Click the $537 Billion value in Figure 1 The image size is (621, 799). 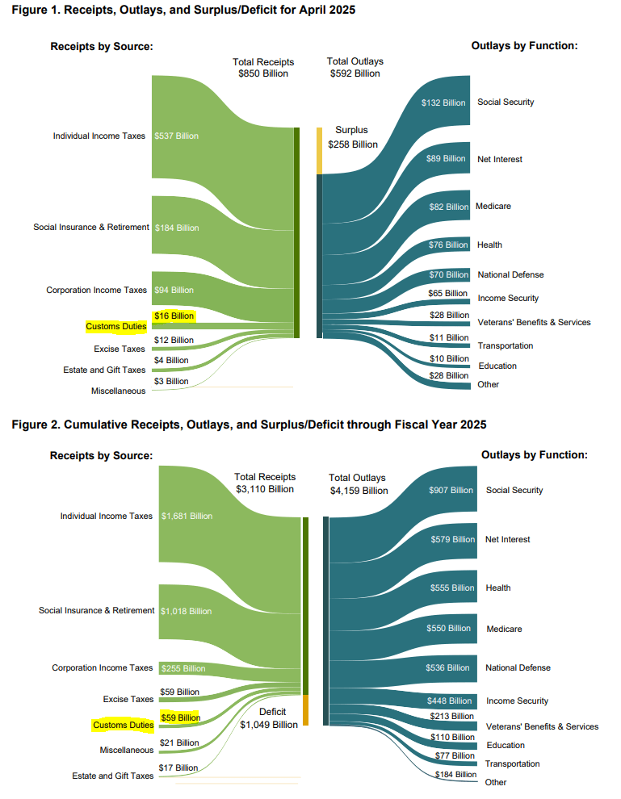click(176, 136)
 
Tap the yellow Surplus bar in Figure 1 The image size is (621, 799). click(320, 150)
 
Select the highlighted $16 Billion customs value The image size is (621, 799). click(174, 315)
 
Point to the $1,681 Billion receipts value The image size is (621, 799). click(187, 516)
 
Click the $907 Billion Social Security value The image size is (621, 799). click(451, 490)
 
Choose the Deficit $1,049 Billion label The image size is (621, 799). click(269, 718)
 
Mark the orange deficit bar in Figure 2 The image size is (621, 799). click(306, 710)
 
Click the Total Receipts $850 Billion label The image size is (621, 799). click(263, 68)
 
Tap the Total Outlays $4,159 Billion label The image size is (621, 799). click(358, 484)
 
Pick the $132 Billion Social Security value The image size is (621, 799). click(443, 102)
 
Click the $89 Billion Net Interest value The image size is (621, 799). click(446, 158)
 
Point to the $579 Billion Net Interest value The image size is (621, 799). click(452, 539)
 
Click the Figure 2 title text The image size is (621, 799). click(249, 424)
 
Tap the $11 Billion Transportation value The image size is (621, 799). click(448, 337)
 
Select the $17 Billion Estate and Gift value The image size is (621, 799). click(178, 768)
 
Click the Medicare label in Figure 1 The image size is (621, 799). click(493, 206)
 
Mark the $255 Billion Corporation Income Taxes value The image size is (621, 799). click(183, 668)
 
